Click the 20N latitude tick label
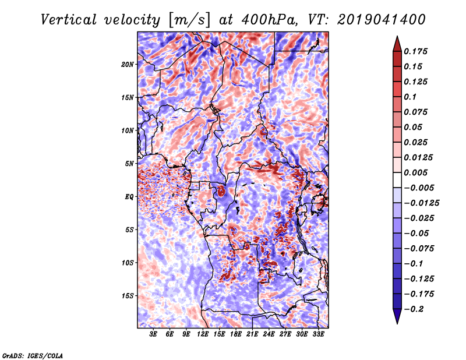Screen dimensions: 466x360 (128, 65)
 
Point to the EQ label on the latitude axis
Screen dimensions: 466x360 (129, 197)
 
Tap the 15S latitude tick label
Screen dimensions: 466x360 (128, 296)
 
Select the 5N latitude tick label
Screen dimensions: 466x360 (129, 164)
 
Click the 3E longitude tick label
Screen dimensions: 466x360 (153, 334)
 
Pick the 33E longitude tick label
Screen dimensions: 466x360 (318, 334)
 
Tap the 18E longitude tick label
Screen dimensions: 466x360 (236, 334)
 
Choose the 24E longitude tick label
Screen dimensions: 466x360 (269, 334)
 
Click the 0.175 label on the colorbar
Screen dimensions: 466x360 (415, 51)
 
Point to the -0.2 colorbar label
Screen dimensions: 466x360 (414, 309)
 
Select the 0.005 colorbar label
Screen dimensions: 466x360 (415, 172)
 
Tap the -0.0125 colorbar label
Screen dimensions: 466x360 (421, 203)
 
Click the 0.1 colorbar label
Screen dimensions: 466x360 (410, 97)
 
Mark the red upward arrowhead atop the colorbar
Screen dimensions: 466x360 (397, 44)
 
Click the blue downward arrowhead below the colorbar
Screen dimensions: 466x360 (397, 316)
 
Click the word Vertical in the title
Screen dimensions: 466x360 (69, 20)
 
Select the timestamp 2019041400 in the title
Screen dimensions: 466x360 (382, 20)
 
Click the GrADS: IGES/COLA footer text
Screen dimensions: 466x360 (33, 355)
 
